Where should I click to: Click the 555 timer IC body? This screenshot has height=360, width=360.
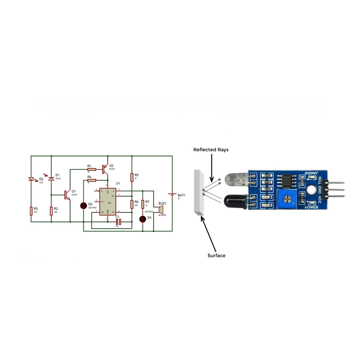[x=108, y=201]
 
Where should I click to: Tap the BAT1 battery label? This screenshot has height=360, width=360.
[x=181, y=195]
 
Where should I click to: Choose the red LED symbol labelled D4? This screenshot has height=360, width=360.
[x=143, y=219]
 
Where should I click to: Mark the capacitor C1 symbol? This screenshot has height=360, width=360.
[x=118, y=222]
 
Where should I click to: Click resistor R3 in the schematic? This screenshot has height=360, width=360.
[x=31, y=211]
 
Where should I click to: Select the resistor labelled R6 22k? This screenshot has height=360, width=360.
[x=132, y=204]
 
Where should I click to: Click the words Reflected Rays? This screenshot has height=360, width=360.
[x=211, y=150]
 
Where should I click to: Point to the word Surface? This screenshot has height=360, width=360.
[x=216, y=256]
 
